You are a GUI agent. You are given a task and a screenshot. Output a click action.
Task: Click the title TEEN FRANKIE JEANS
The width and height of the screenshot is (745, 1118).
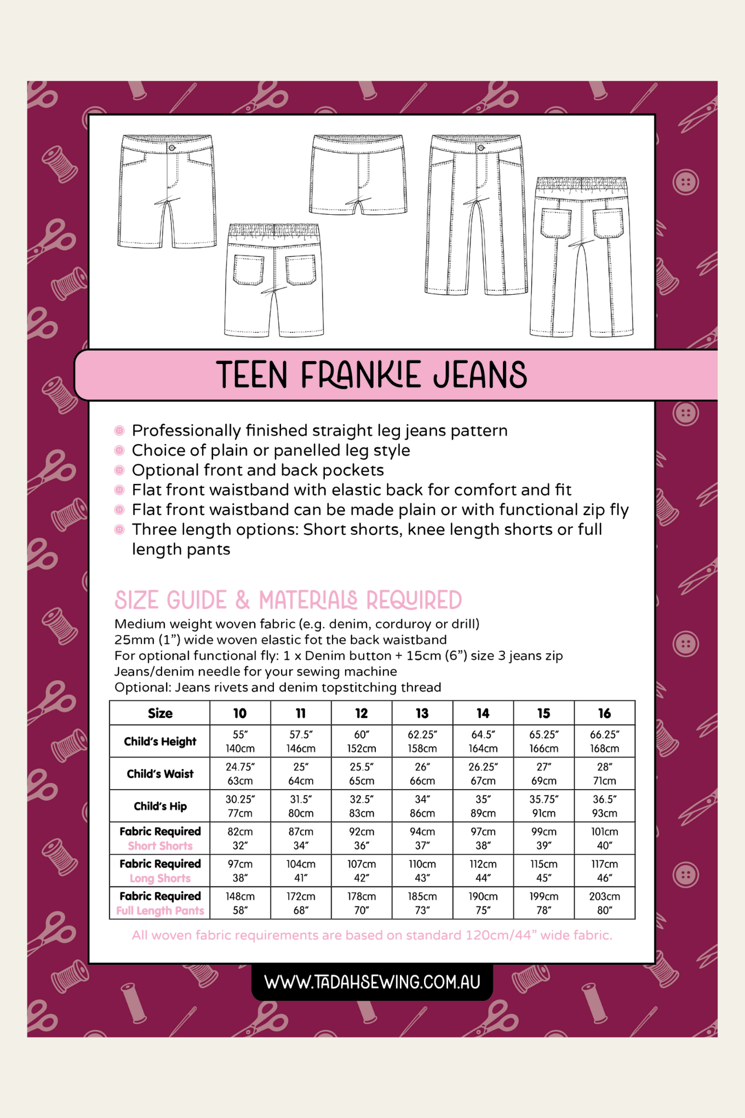(x=372, y=375)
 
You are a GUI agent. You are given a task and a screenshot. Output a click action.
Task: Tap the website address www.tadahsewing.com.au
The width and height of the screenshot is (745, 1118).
(x=372, y=982)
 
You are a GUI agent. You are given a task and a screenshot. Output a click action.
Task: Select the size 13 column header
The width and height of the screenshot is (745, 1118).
(x=422, y=713)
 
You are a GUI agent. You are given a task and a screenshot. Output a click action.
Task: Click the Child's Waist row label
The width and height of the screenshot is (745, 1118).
(x=160, y=774)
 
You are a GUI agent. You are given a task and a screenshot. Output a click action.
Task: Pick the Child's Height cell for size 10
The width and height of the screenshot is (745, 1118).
(x=240, y=741)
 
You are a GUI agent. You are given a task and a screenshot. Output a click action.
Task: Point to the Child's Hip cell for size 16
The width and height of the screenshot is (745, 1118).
(x=604, y=806)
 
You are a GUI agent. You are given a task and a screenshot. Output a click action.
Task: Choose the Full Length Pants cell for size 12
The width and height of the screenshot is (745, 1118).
(x=362, y=903)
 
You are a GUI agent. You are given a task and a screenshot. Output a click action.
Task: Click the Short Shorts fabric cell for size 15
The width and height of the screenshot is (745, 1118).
(x=543, y=839)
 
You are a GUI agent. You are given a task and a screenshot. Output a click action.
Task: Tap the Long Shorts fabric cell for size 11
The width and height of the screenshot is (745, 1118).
(x=301, y=871)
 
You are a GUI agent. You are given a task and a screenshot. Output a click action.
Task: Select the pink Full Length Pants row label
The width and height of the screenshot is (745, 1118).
(x=160, y=910)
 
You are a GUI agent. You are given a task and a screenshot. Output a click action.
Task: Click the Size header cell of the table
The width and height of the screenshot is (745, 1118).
(x=160, y=713)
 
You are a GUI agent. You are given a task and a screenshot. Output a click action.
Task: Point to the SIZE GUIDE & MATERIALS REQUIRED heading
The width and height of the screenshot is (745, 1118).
(x=288, y=600)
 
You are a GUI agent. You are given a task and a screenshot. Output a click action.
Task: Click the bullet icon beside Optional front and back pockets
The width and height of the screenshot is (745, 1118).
(x=119, y=470)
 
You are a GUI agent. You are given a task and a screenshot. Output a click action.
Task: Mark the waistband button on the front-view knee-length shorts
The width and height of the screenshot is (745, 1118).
(x=172, y=148)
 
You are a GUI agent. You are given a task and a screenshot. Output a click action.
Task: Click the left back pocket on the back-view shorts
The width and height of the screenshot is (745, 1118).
(x=249, y=270)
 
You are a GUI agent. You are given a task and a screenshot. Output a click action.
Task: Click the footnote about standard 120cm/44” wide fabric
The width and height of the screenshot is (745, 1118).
(x=372, y=935)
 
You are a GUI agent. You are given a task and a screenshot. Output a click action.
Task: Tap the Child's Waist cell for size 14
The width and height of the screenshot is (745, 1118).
(x=483, y=774)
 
